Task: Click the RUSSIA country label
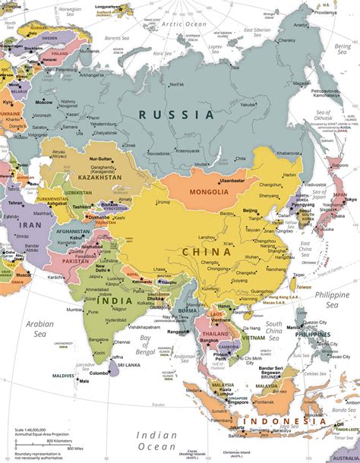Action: (176, 115)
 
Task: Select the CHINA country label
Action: (206, 252)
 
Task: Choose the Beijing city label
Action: (249, 210)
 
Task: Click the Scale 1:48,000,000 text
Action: (29, 430)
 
